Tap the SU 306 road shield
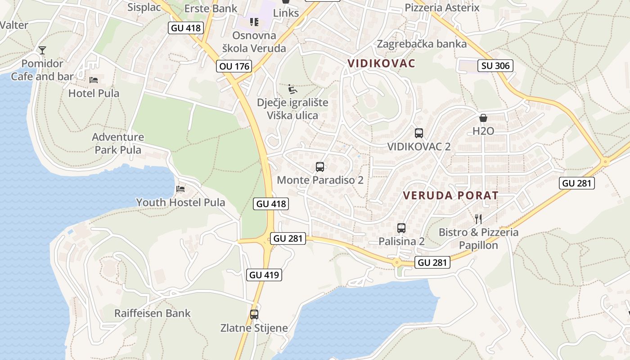pos(495,66)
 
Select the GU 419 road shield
pos(264,274)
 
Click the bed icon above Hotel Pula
pos(94,80)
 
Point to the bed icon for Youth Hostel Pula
pos(180,189)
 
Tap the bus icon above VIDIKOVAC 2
pos(419,133)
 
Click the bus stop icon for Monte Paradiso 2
pos(320,167)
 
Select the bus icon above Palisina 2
pos(401,228)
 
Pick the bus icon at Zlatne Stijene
pos(254,315)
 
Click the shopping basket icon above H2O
pos(483,118)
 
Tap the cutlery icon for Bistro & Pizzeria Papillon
pos(478,219)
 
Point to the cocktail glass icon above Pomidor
pos(42,50)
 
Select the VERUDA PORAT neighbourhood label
pos(451,195)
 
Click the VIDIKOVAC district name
pos(381,63)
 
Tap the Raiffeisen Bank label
pos(153,313)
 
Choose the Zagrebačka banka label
pos(422,44)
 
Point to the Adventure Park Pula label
pos(118,143)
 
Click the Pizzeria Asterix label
pos(442,8)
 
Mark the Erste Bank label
pos(211,9)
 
